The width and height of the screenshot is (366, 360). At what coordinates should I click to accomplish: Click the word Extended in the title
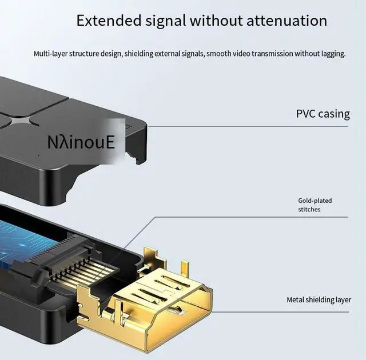pos(109,21)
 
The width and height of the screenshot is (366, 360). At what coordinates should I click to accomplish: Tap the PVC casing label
pos(323,114)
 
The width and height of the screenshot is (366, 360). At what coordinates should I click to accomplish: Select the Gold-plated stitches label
pos(315,205)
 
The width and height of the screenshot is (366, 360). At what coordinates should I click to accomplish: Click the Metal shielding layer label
pos(319,300)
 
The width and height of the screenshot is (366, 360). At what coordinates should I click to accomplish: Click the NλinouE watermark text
pos(81,141)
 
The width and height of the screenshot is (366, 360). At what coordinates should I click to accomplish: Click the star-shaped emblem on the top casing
pos(21,120)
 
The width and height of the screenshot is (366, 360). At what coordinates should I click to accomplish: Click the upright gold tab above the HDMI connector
pos(184,267)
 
